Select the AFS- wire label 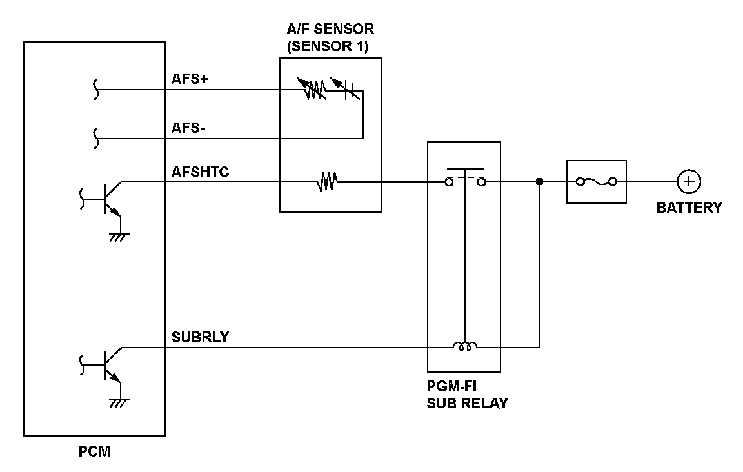(188, 128)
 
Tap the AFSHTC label (200, 172)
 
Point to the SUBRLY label (199, 337)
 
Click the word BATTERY (689, 208)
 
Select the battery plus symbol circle (689, 182)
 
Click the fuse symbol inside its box (596, 182)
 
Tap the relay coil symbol (464, 348)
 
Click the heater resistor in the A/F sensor (327, 182)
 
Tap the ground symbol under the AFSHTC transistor (119, 237)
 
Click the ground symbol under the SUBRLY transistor (119, 402)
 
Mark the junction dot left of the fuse (539, 182)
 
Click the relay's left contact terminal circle (448, 182)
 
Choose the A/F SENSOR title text (330, 29)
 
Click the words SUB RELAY (467, 404)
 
